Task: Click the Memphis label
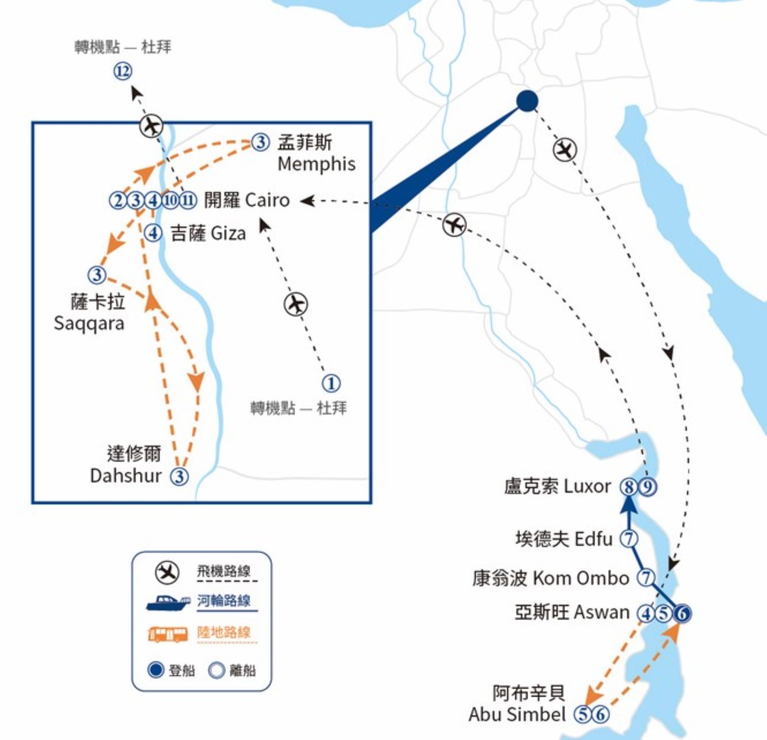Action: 316,164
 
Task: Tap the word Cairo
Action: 267,200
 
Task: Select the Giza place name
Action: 228,234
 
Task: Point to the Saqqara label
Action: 89,323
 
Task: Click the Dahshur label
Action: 126,476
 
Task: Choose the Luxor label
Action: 587,486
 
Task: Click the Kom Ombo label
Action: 581,578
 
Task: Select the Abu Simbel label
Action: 517,714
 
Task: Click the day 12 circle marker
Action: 123,71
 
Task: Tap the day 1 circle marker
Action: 331,383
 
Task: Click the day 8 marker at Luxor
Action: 629,487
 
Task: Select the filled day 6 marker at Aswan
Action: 682,613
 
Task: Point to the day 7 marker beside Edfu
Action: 629,538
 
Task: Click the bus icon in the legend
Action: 168,634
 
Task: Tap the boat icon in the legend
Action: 168,603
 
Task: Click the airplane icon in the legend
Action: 167,573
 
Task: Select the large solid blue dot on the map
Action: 527,101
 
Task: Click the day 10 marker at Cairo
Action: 170,200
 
